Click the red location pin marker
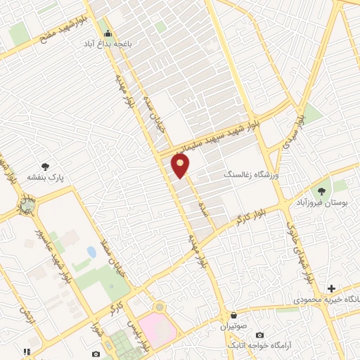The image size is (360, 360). tap(181, 165)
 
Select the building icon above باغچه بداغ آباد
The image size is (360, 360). tap(107, 33)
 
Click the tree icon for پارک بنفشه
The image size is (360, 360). tap(46, 167)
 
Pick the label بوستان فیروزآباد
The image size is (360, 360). tap(324, 202)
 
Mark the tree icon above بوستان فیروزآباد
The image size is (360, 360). tap(323, 190)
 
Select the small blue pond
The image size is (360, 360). tap(91, 251)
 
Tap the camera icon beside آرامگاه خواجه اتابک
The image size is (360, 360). tap(259, 335)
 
